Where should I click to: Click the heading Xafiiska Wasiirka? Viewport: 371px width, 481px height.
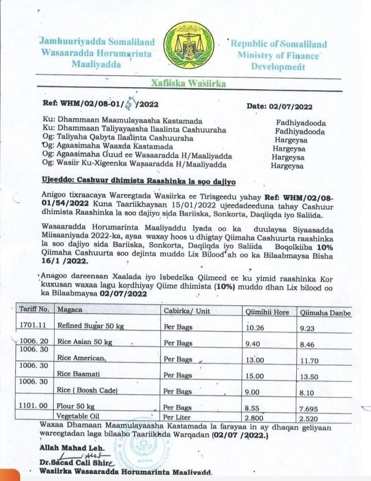(188, 83)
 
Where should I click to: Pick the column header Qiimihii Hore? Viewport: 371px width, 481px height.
(266, 312)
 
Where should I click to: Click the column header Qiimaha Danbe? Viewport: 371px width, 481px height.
(325, 312)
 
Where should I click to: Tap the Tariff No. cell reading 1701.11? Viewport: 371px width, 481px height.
(33, 325)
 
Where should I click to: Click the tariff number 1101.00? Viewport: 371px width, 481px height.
(34, 406)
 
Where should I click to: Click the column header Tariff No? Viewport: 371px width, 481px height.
(34, 309)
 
